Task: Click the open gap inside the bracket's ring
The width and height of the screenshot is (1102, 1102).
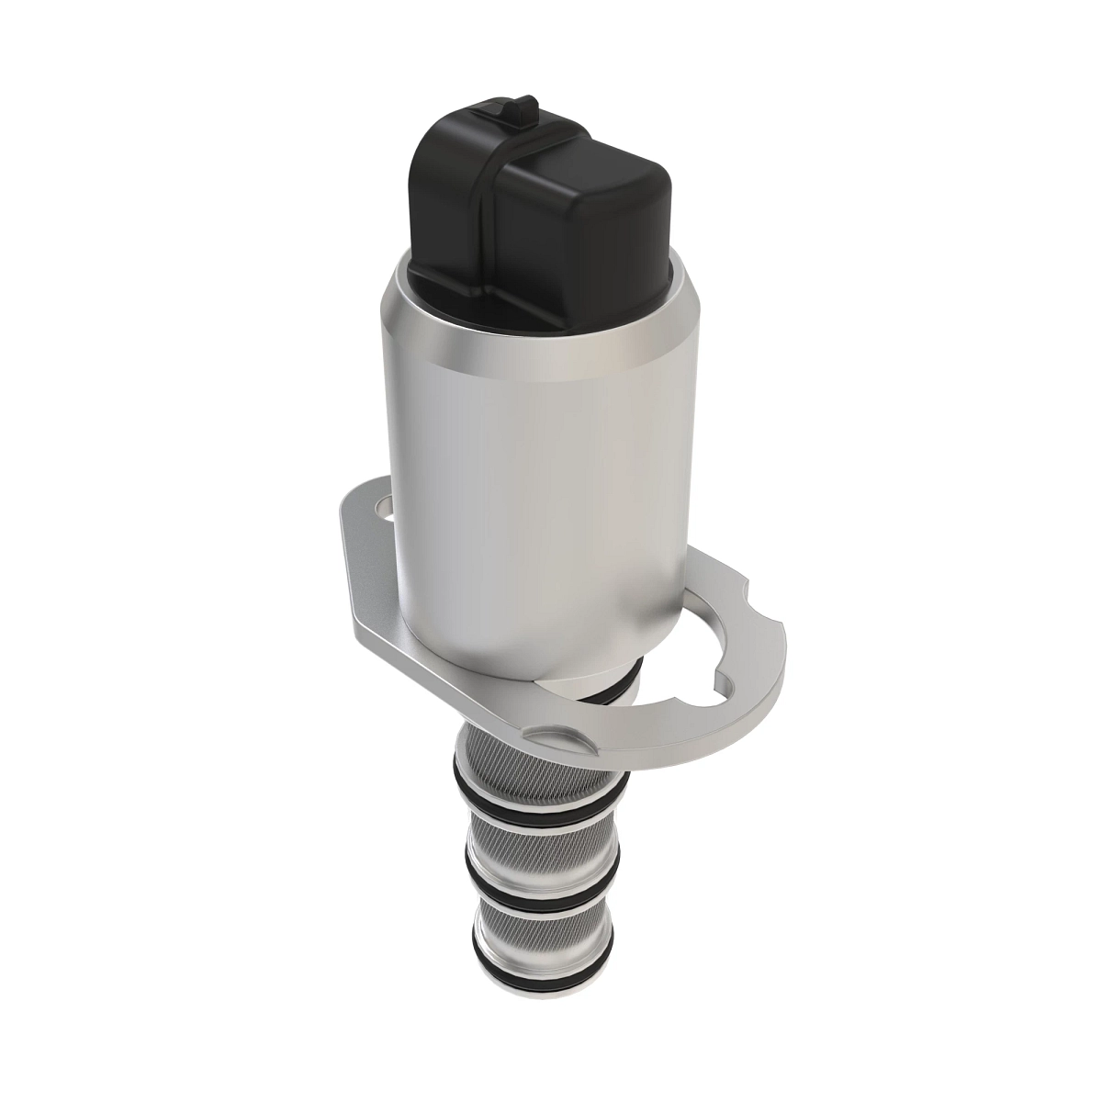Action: pos(643,703)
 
